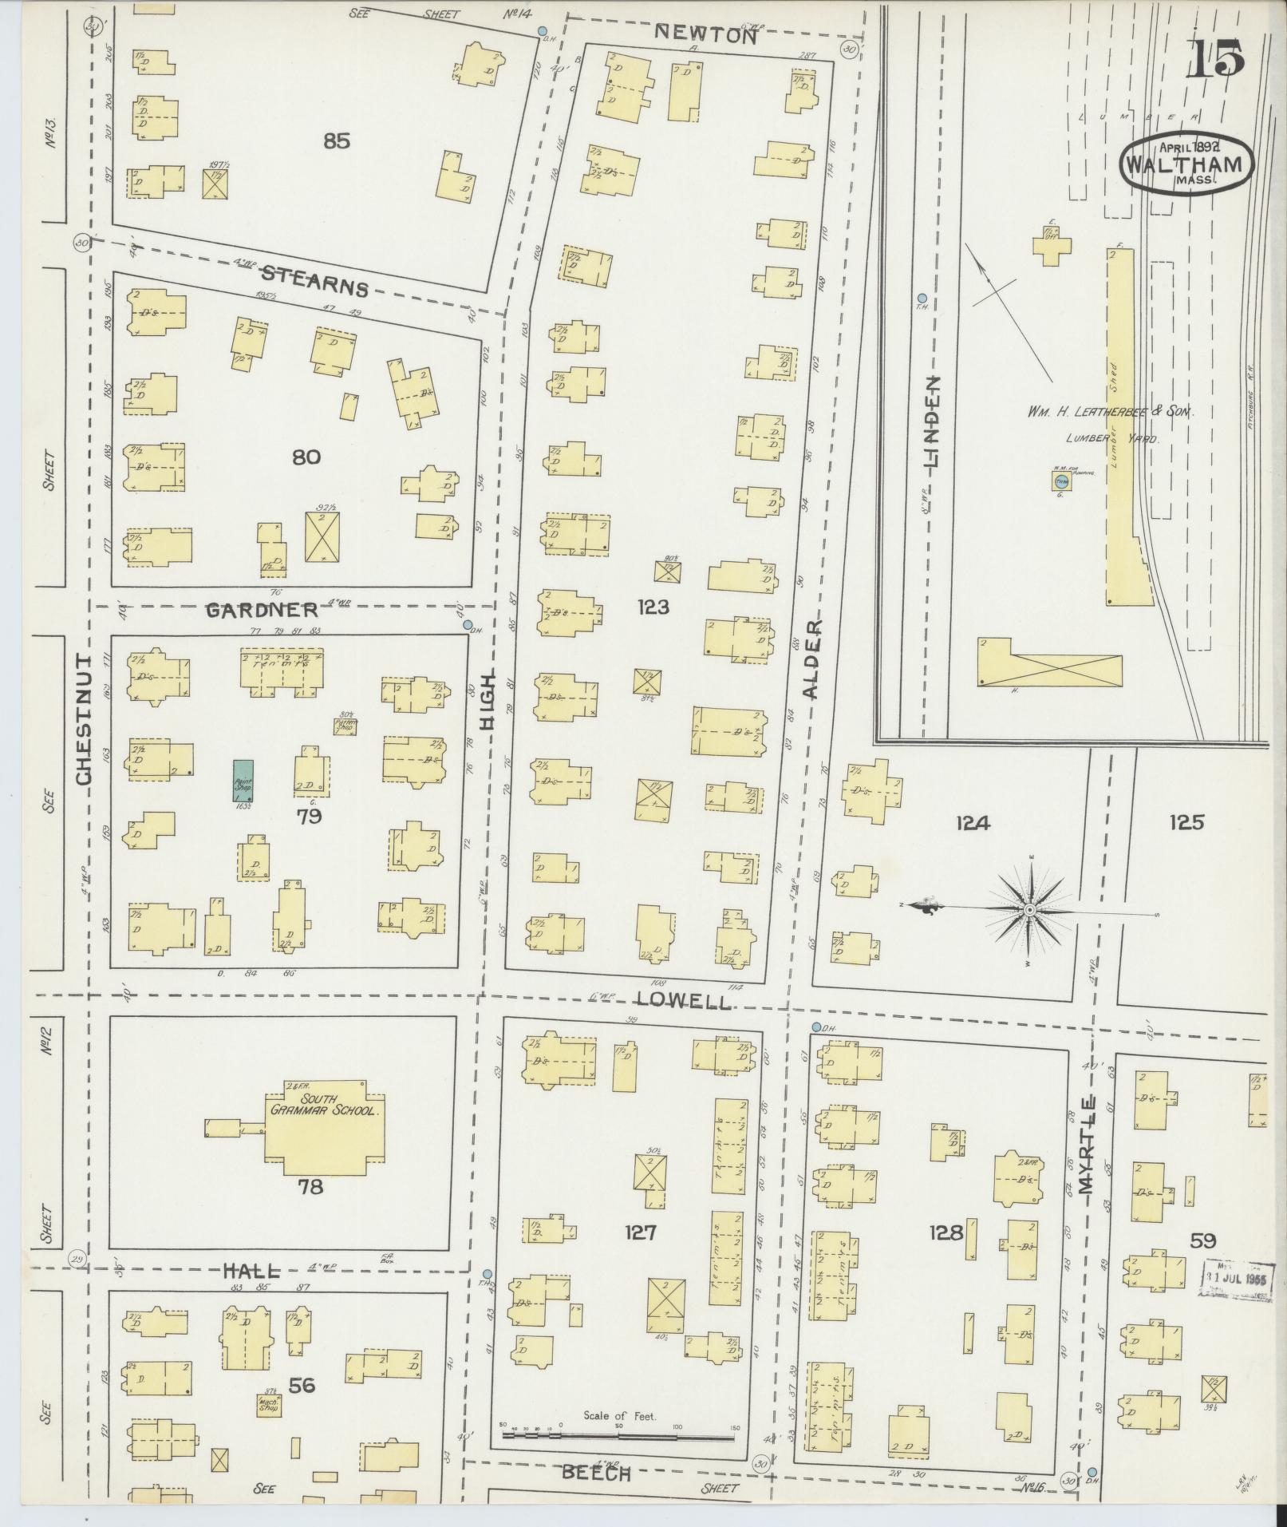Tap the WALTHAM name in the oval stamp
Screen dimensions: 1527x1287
(1184, 164)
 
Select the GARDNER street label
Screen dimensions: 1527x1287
(262, 610)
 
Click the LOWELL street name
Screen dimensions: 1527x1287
(683, 1000)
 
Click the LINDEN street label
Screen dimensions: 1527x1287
(931, 421)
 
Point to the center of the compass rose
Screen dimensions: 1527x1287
(1029, 910)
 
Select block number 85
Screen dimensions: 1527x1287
(337, 141)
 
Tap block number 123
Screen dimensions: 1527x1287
(653, 607)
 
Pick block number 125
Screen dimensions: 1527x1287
(1186, 822)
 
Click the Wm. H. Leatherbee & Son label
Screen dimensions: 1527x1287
(1108, 412)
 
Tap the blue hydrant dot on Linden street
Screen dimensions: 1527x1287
(922, 297)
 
